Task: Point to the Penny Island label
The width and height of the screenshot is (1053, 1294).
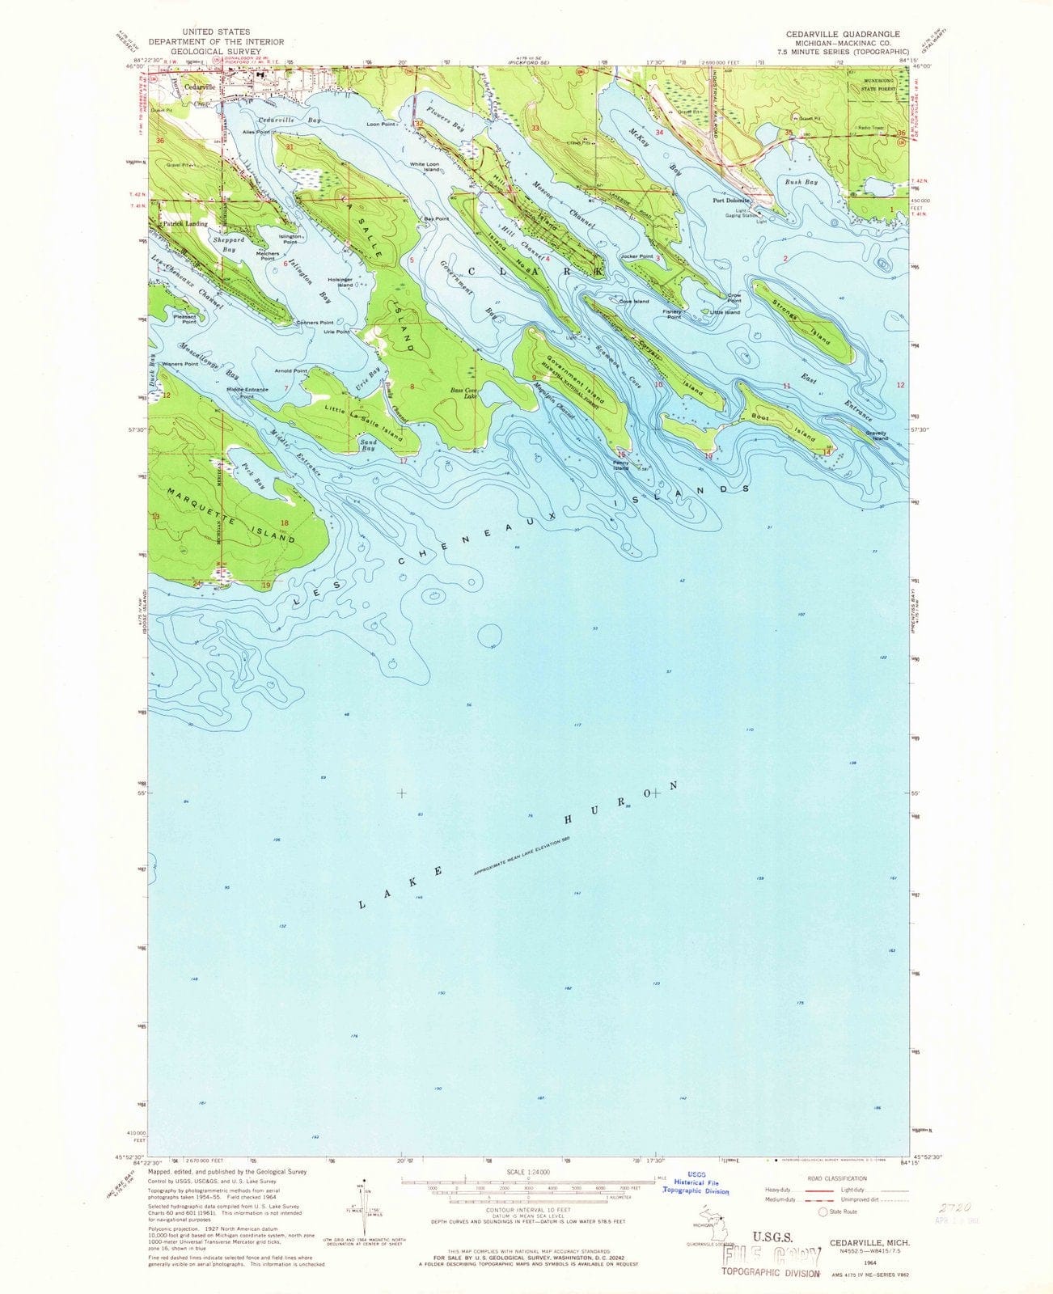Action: pyautogui.click(x=620, y=466)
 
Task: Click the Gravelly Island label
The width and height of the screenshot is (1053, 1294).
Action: pyautogui.click(x=877, y=436)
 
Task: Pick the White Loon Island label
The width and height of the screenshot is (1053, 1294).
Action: pyautogui.click(x=424, y=167)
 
